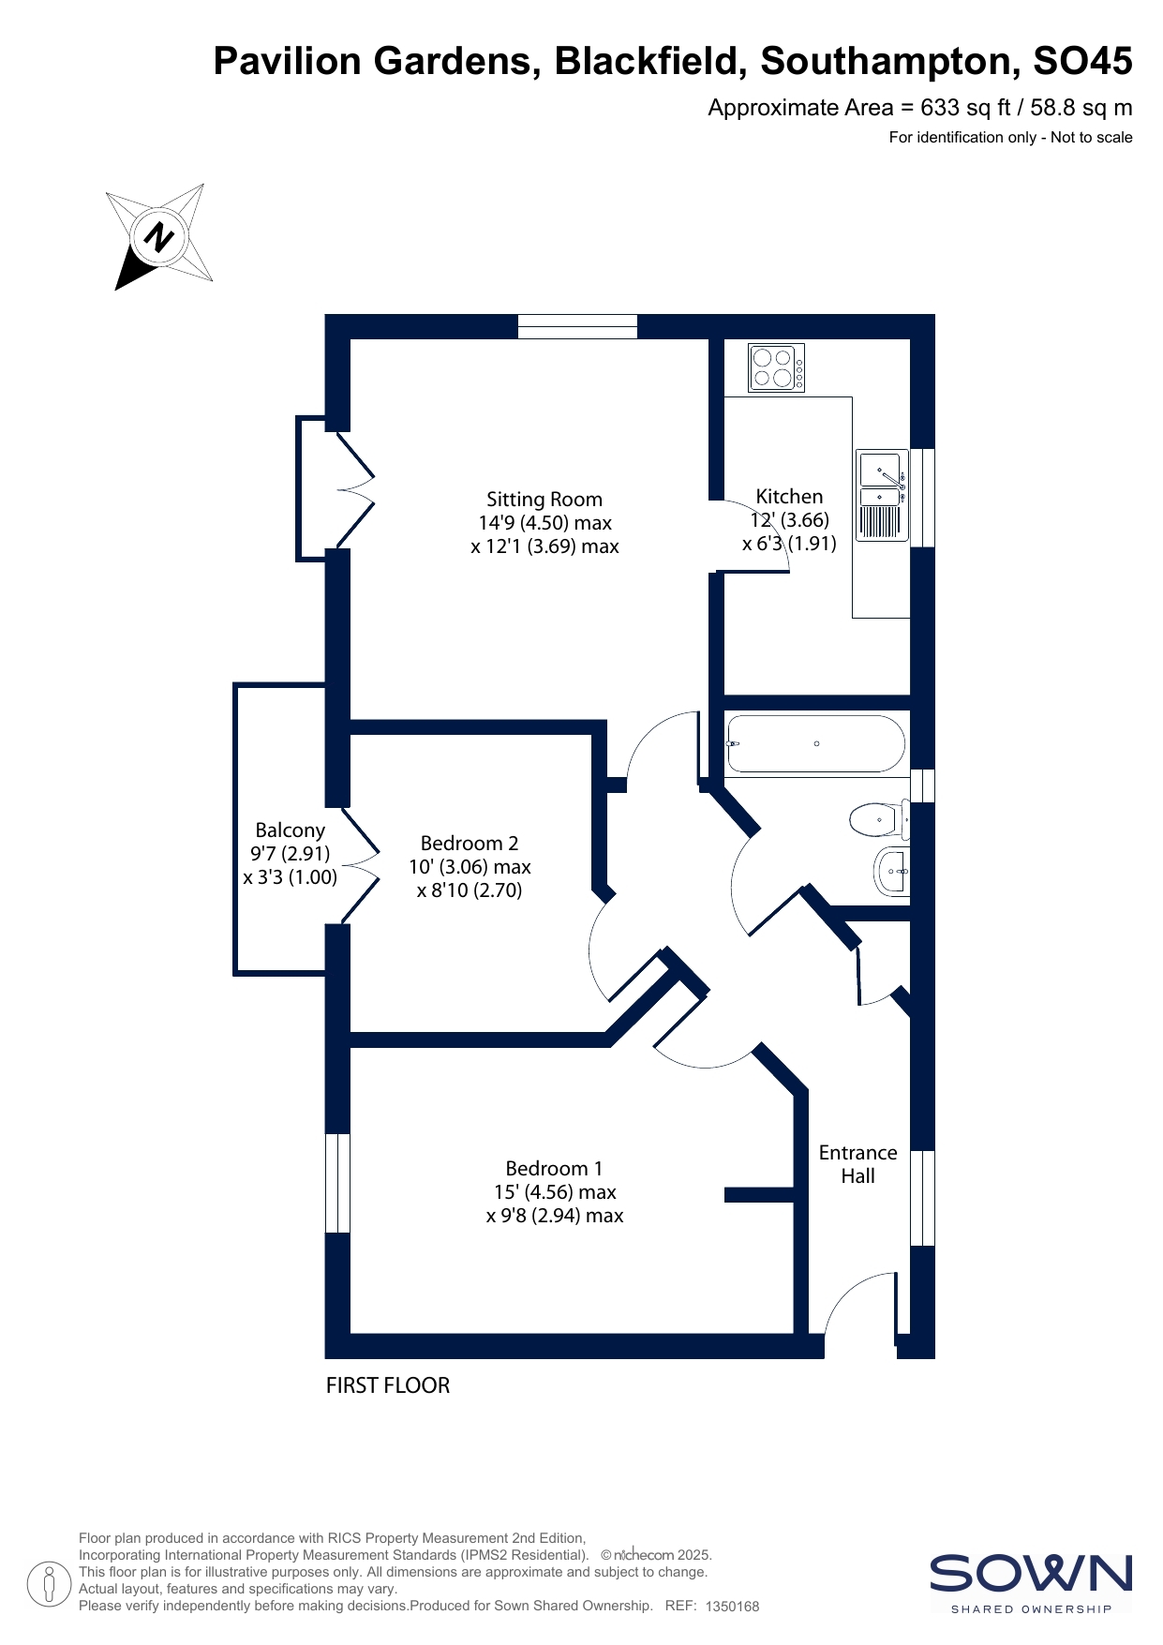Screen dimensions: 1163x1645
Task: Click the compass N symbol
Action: (x=158, y=236)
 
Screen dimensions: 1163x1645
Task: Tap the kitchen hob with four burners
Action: (x=777, y=367)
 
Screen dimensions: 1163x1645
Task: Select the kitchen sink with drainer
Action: (x=883, y=495)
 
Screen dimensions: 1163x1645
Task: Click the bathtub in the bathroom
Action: (x=815, y=743)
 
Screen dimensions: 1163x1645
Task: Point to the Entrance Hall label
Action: (x=858, y=1164)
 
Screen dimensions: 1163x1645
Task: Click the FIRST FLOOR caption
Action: (x=388, y=1385)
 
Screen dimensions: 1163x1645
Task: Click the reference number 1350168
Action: (x=732, y=1607)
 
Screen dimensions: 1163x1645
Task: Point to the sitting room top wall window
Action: (x=577, y=326)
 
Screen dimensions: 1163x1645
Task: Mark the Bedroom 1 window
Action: (x=337, y=1183)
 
